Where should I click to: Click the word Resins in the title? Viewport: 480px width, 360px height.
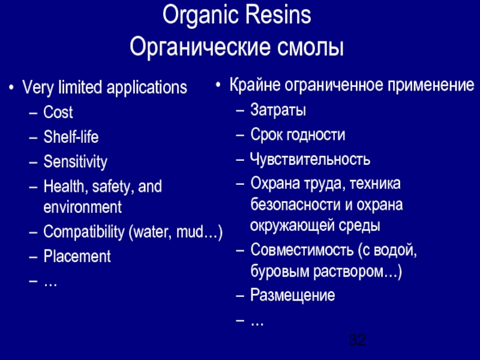pyautogui.click(x=277, y=16)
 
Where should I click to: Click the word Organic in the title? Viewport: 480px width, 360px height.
pyautogui.click(x=201, y=16)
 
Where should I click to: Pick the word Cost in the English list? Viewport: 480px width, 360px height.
pyautogui.click(x=58, y=112)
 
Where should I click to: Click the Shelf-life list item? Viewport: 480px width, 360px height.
pyautogui.click(x=71, y=137)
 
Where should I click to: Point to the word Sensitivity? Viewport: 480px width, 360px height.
pyautogui.click(x=75, y=161)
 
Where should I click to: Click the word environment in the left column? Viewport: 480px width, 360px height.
pyautogui.click(x=82, y=208)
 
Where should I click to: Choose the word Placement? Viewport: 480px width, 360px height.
pyautogui.click(x=77, y=257)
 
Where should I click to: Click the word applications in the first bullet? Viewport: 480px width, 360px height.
pyautogui.click(x=147, y=88)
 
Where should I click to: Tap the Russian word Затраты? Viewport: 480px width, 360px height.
pyautogui.click(x=278, y=110)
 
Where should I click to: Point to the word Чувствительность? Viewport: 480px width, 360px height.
pyautogui.click(x=310, y=160)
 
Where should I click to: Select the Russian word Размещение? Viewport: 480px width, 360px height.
pyautogui.click(x=293, y=295)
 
